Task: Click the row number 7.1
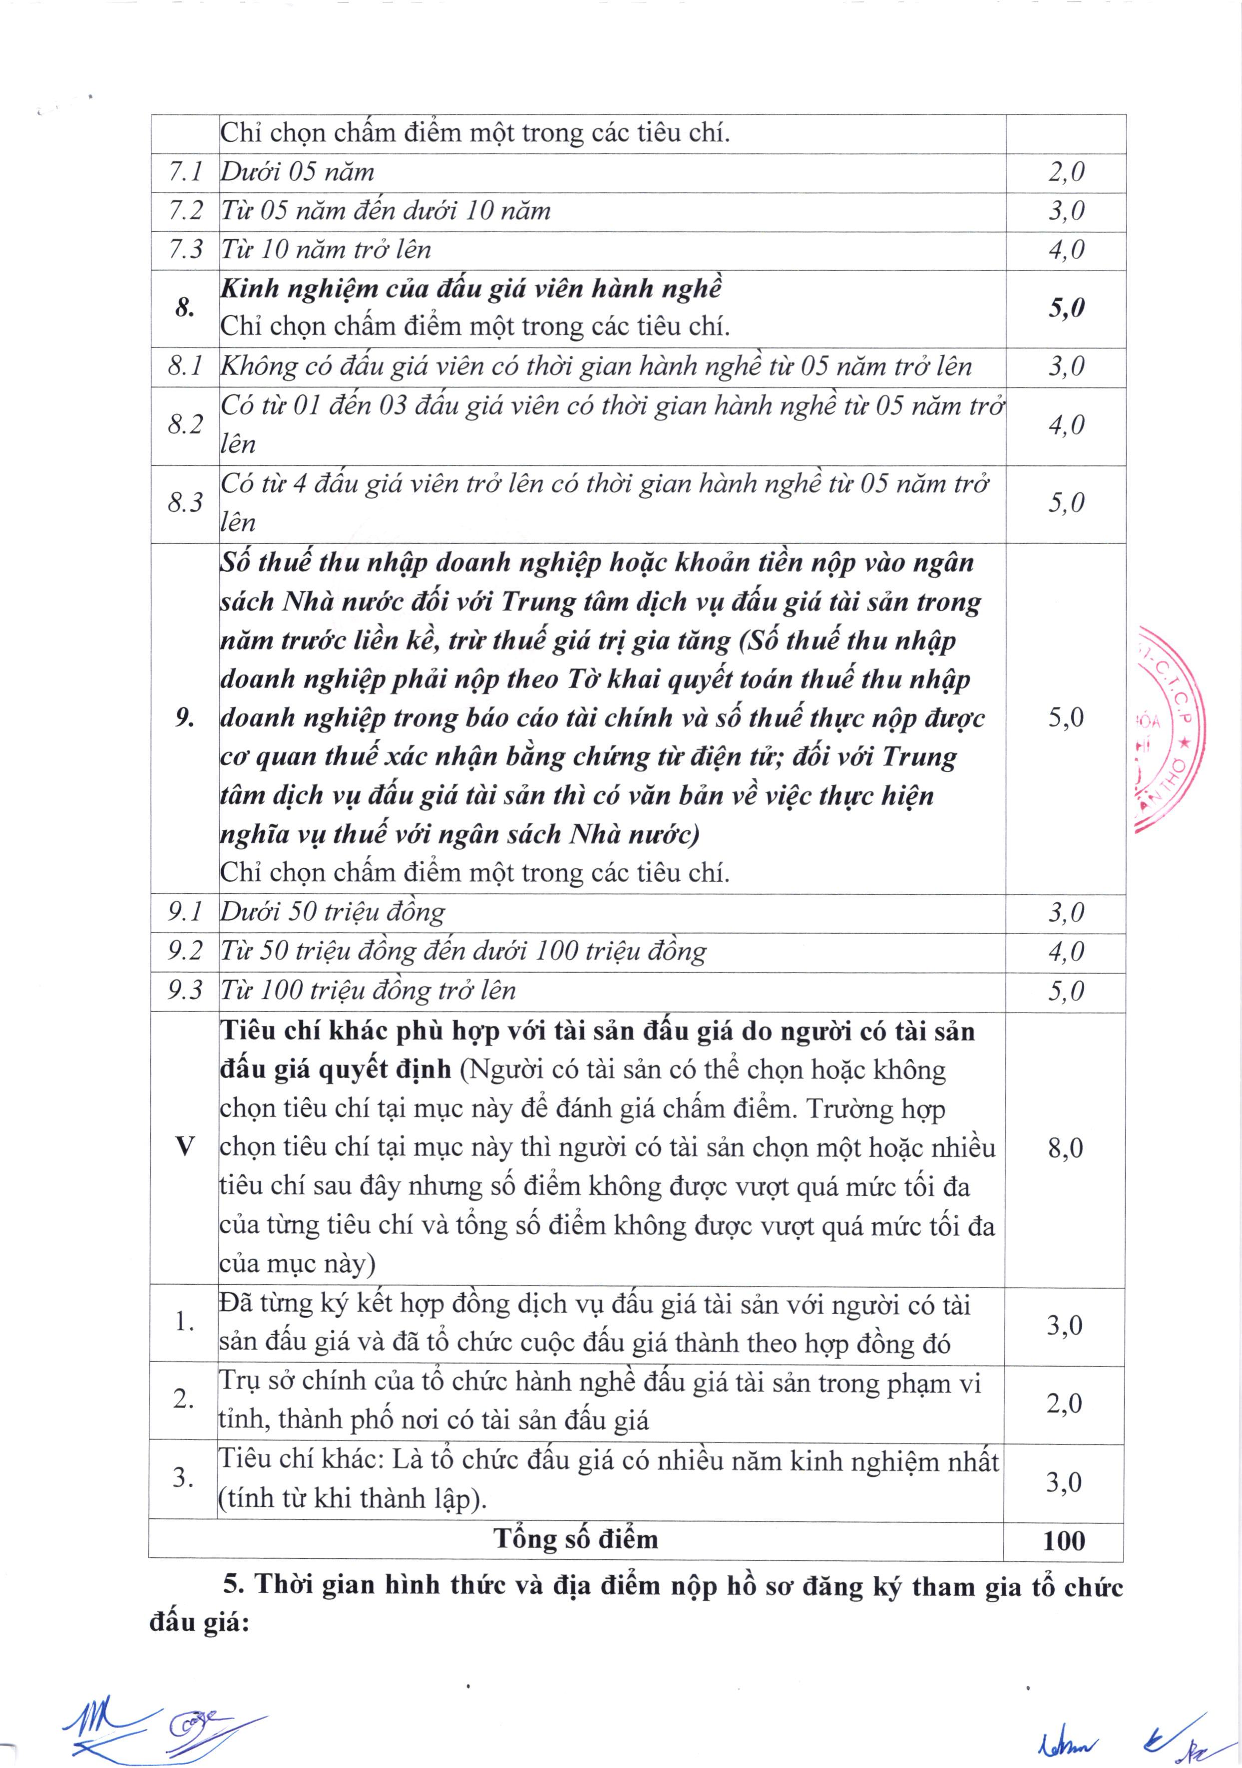[185, 172]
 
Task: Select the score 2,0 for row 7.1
[1066, 172]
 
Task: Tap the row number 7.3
[185, 250]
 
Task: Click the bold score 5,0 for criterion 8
[1066, 308]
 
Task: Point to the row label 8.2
[185, 424]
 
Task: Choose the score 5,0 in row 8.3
[1066, 503]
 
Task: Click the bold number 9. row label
[185, 717]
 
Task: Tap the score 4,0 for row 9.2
[1066, 952]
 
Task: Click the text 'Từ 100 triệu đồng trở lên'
[368, 990]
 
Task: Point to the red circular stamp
[1169, 727]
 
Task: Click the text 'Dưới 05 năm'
[297, 172]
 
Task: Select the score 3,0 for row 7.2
[1066, 210]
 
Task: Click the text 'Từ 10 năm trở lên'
[326, 250]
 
